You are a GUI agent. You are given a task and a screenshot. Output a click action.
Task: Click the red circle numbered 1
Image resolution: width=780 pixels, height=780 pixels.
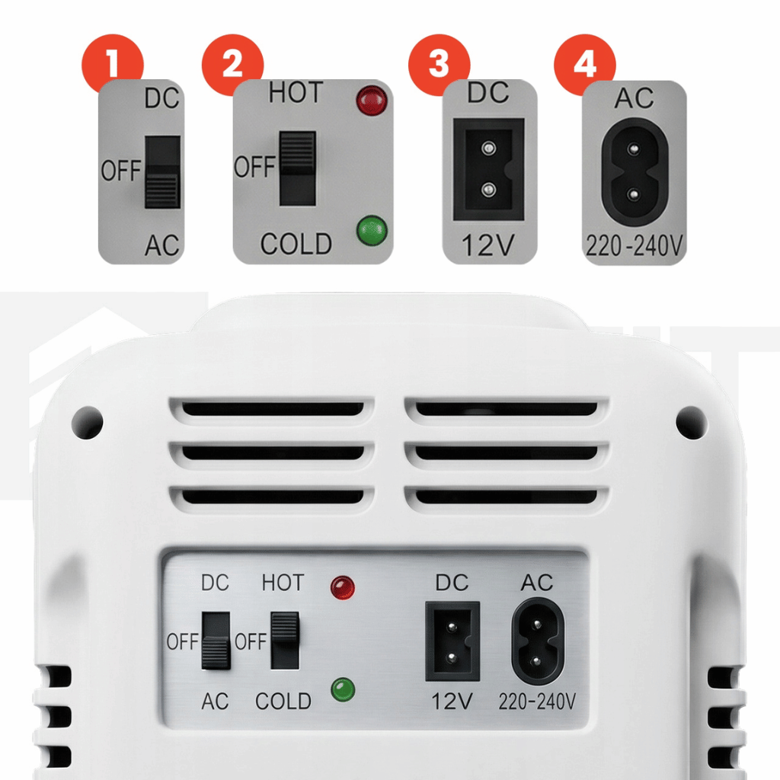point(113,64)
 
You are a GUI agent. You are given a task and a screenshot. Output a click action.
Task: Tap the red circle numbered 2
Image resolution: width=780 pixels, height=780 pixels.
point(232,64)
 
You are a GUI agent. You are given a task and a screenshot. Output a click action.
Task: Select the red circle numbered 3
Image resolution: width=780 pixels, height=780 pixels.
point(439,64)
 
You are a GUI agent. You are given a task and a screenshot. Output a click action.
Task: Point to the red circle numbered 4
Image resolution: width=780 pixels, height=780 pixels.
point(584,64)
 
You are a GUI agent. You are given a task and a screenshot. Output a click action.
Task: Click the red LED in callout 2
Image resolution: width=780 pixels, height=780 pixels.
point(372,101)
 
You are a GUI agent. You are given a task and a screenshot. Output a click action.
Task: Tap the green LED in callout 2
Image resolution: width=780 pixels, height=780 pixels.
point(372,230)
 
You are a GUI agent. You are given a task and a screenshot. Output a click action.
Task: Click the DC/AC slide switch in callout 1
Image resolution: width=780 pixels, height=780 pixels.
point(163,172)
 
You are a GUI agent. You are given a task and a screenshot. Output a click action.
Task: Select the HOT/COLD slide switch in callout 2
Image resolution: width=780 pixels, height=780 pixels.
point(298,168)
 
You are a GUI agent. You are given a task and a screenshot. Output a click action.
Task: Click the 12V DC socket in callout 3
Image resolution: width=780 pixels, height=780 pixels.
point(488,170)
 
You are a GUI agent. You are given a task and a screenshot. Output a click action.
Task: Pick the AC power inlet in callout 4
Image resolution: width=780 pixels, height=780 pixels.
point(635,172)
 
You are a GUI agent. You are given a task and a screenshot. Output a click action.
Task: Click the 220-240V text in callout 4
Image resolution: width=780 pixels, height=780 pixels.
point(635,245)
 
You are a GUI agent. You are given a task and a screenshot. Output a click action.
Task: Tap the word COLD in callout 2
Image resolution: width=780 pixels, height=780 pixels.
point(296,244)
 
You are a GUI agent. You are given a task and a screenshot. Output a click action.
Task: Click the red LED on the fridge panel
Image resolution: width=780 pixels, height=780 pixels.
point(343,587)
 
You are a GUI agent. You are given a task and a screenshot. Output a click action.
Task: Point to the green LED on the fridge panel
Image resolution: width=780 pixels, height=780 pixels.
point(343,689)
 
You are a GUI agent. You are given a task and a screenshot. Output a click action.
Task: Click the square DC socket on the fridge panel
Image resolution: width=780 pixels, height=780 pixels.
point(452,641)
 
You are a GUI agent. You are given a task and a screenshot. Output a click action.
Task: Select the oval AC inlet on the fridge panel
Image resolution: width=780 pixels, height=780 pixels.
point(538,641)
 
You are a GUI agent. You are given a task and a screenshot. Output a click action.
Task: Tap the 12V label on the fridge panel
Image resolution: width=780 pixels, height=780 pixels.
point(452,702)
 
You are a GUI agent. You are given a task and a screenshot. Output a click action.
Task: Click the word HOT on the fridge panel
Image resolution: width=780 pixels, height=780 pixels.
point(283,583)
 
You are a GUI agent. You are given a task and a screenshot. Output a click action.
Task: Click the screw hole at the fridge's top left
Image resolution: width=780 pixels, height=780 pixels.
point(88,423)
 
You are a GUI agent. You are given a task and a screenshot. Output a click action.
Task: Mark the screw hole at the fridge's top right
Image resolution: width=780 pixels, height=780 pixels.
point(692,423)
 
